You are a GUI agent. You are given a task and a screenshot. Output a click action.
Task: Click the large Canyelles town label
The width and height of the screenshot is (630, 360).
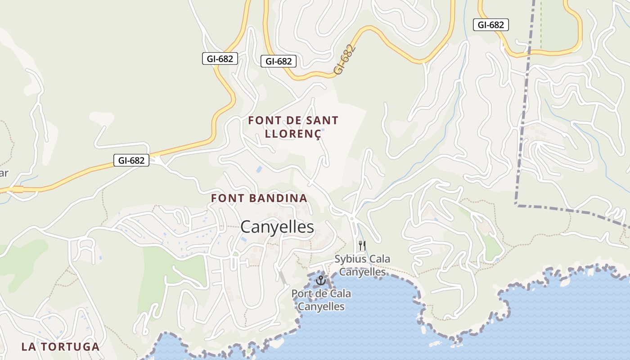pos(277,227)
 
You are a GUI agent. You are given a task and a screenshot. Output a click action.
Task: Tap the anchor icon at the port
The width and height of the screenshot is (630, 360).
pos(320,280)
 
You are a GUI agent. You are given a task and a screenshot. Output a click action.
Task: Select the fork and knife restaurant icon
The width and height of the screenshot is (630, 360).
pos(362,246)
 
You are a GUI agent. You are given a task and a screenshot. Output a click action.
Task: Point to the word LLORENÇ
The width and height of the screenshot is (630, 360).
pos(293,134)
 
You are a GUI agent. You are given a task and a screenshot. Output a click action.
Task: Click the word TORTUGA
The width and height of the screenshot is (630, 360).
pos(70,346)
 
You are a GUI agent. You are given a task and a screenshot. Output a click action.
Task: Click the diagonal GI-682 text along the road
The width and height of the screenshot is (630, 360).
pos(345,59)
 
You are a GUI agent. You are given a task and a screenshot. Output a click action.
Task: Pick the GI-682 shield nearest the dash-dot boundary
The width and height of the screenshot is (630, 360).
pos(490,25)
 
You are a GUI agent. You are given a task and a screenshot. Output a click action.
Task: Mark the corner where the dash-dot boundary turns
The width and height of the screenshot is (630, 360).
pos(517,205)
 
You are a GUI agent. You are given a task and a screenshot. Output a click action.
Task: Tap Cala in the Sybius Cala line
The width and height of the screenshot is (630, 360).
pos(378,259)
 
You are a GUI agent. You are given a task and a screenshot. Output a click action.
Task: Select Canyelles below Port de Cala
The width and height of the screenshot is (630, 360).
pos(321,306)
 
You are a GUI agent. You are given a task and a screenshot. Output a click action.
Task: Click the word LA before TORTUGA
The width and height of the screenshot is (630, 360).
pos(28,346)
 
